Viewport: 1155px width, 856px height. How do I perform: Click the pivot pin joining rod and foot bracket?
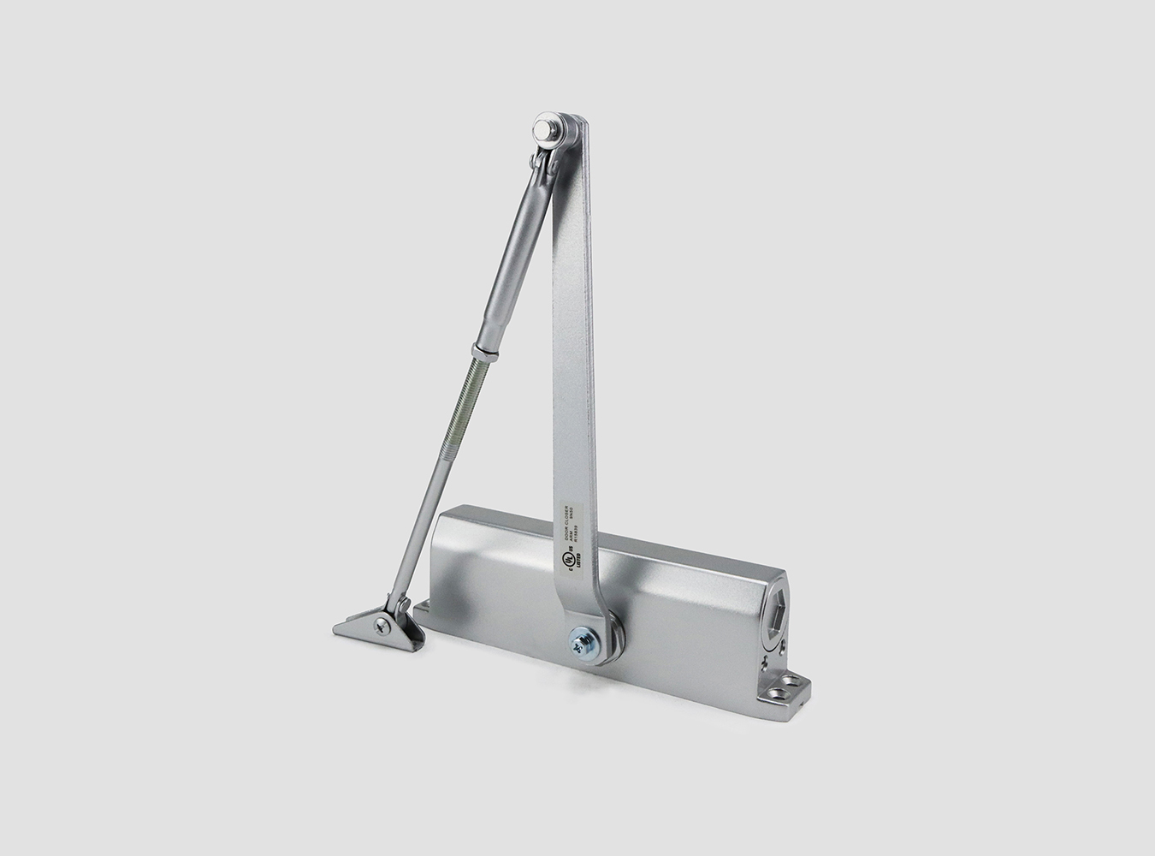[398, 605]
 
